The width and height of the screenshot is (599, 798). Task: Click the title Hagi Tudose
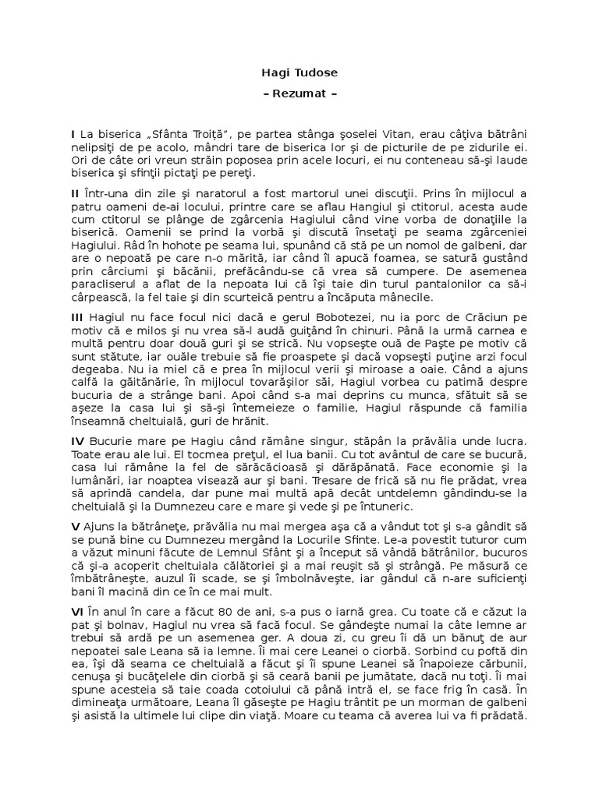point(299,73)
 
